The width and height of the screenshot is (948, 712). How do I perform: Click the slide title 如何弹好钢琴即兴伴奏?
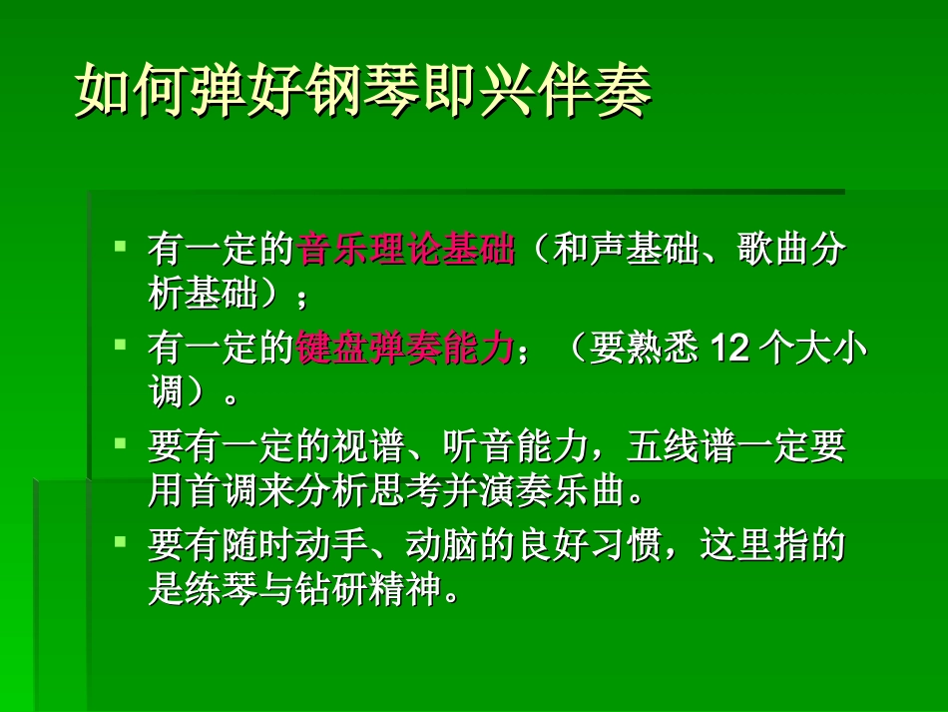pyautogui.click(x=363, y=92)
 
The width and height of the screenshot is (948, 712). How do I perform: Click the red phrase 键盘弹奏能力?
pyautogui.click(x=405, y=350)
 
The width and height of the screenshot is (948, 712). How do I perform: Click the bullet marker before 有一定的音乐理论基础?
pyautogui.click(x=120, y=245)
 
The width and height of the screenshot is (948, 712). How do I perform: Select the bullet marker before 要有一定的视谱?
pyautogui.click(x=120, y=442)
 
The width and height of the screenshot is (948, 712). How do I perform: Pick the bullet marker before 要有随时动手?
pyautogui.click(x=120, y=541)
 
